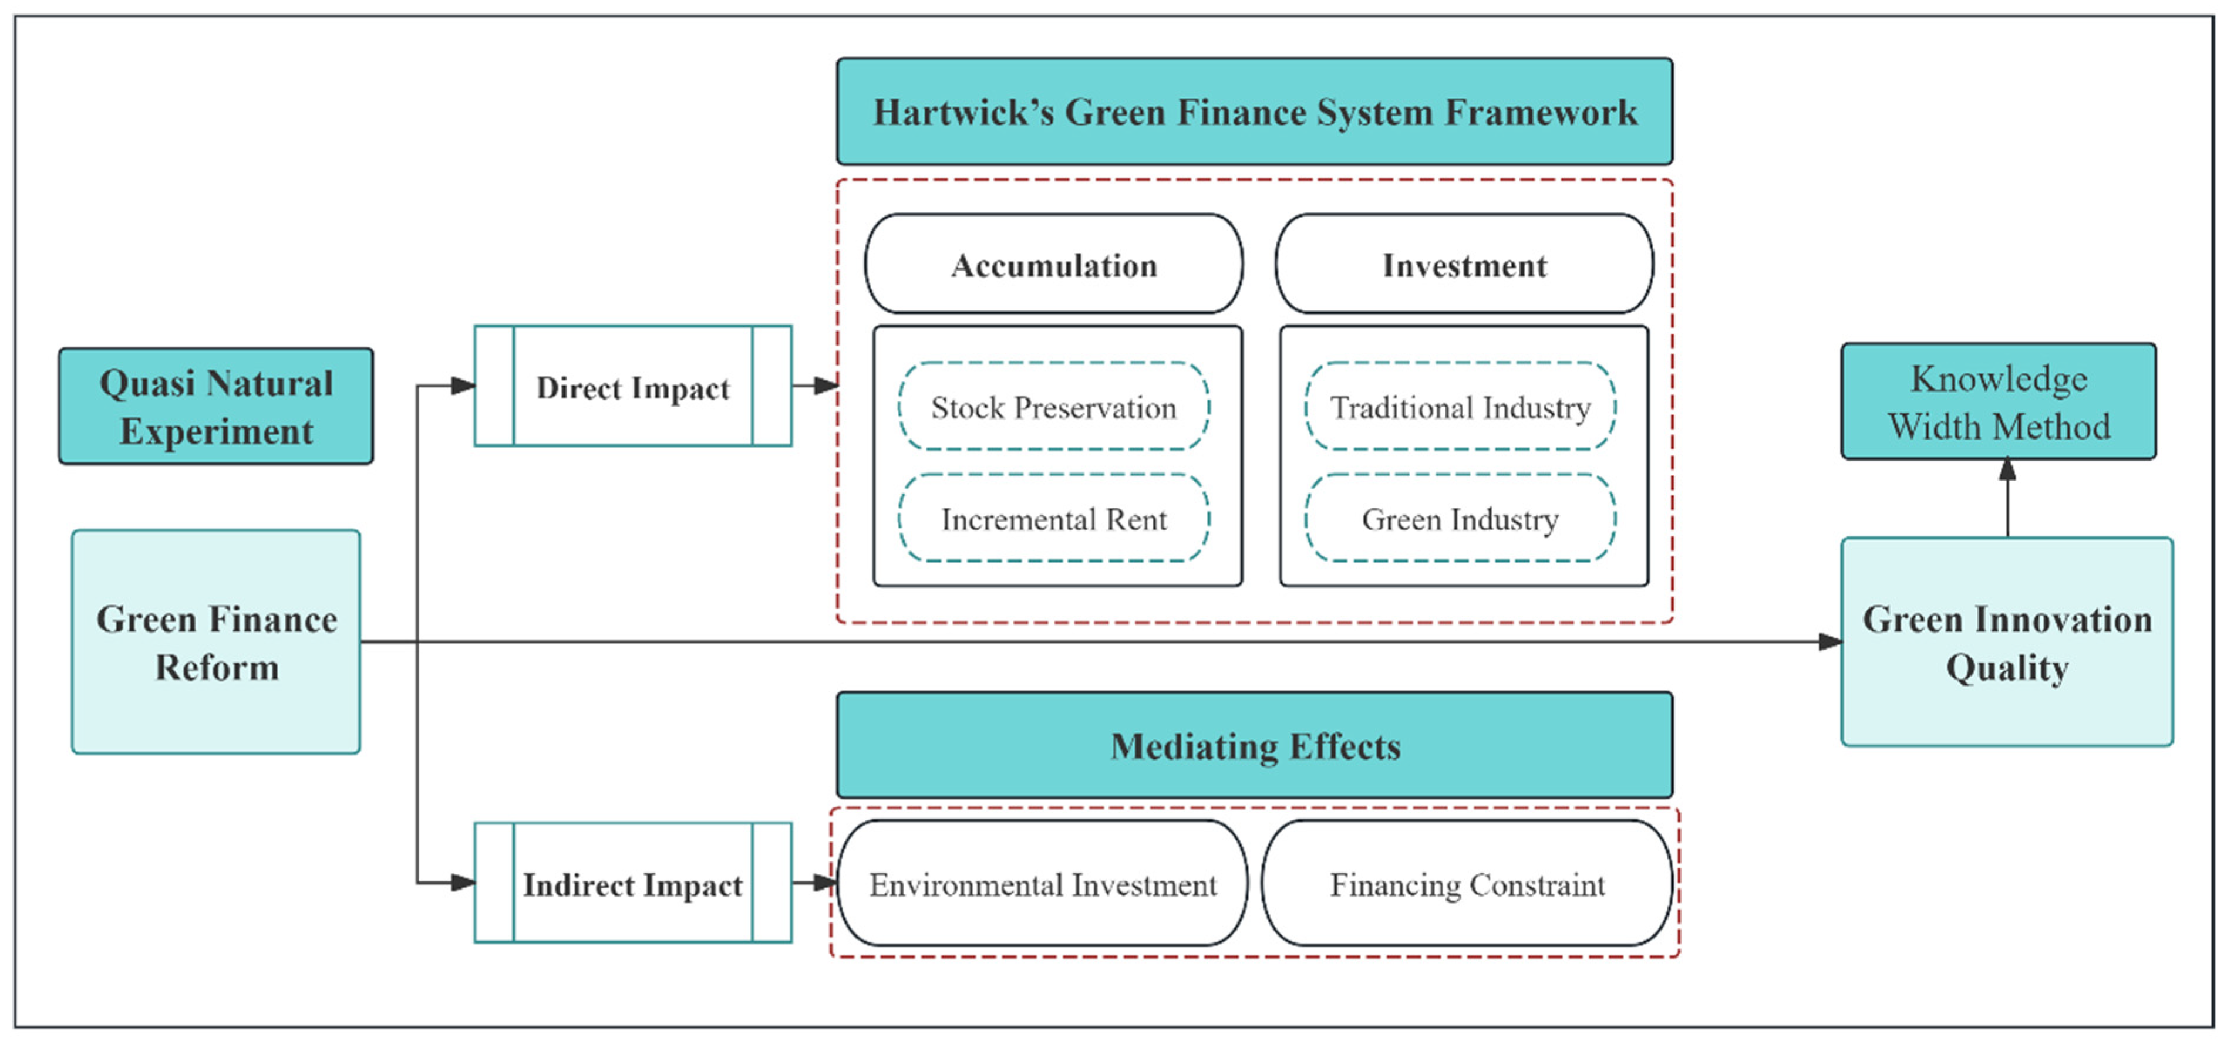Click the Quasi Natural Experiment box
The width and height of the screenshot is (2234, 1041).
[216, 407]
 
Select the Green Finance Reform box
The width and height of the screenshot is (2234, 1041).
[216, 643]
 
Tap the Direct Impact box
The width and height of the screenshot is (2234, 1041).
[633, 387]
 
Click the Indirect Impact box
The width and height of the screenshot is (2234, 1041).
[633, 883]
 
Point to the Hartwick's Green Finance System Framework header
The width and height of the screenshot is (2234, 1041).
[1254, 112]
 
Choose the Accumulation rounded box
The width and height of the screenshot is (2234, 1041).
[1054, 265]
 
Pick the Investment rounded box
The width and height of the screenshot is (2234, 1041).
[1464, 265]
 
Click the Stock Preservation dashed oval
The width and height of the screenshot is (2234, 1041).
[1054, 407]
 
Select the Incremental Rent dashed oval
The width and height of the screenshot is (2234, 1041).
[1054, 518]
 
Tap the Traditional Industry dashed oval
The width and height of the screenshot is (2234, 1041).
[1460, 407]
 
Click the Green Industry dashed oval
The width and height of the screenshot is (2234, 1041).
[1460, 518]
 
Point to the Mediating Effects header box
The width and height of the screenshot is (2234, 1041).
[1254, 745]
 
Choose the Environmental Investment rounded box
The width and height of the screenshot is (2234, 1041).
[1042, 883]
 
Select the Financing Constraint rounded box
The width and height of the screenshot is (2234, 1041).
[1467, 883]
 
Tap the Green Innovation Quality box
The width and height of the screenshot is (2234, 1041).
[2007, 643]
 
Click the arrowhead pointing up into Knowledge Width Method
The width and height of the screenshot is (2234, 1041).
[2007, 471]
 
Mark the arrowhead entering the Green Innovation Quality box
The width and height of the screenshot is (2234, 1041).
[1830, 641]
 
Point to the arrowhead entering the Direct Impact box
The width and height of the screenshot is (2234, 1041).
[463, 386]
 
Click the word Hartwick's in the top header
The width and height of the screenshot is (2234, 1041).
[963, 113]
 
